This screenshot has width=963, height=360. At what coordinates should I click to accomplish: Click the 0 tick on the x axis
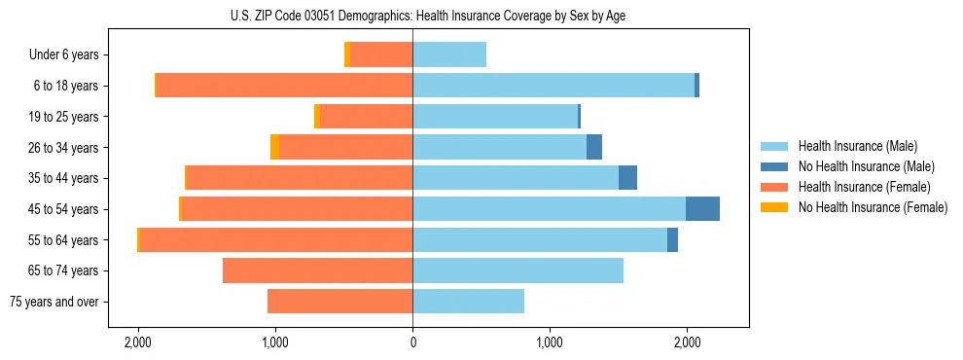tap(412, 342)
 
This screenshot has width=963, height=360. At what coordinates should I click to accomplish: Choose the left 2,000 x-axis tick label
tap(138, 342)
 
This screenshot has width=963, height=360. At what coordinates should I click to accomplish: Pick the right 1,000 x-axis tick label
tap(550, 342)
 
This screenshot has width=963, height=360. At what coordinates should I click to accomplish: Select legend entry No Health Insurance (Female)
tap(873, 207)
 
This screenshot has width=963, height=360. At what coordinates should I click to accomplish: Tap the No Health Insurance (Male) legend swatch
tap(775, 166)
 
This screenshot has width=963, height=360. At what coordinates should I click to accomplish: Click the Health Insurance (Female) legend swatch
tap(775, 187)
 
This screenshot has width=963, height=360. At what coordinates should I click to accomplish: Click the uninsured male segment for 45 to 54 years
tap(702, 209)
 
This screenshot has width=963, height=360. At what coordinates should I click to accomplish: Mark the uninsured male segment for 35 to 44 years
tap(627, 178)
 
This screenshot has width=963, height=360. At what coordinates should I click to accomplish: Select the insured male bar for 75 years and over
tap(468, 302)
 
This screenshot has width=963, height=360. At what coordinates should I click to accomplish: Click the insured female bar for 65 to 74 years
tap(317, 270)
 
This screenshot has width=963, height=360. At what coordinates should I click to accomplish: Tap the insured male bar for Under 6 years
tap(449, 55)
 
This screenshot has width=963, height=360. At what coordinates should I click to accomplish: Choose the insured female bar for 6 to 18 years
tap(284, 86)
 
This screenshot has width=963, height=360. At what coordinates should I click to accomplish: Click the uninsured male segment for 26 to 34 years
tap(594, 148)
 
